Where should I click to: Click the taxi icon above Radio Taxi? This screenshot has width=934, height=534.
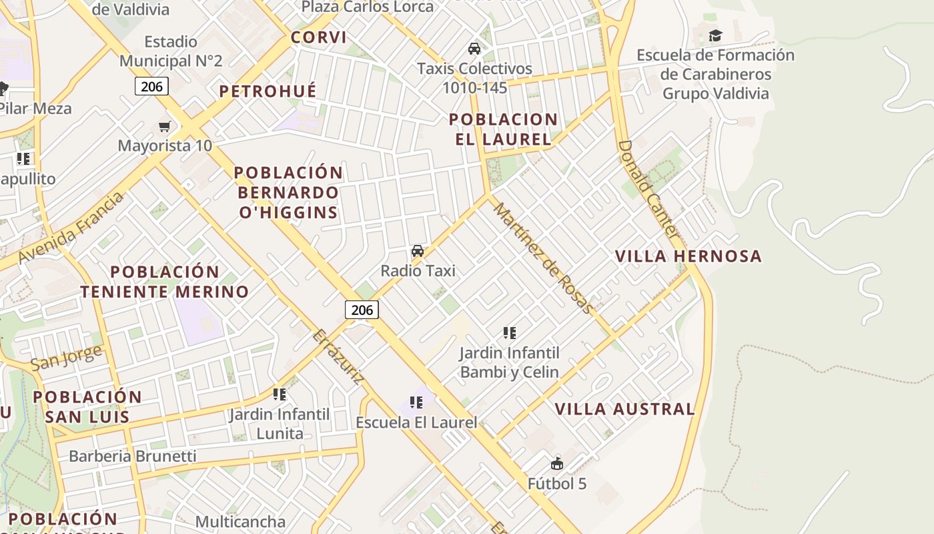pyautogui.click(x=418, y=251)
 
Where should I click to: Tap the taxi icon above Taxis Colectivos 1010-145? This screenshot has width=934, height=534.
pyautogui.click(x=474, y=49)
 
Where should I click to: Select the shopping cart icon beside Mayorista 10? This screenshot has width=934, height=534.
pyautogui.click(x=164, y=126)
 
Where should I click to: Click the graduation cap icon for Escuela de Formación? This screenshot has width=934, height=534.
pyautogui.click(x=715, y=35)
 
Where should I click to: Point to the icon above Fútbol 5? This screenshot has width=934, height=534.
pyautogui.click(x=557, y=463)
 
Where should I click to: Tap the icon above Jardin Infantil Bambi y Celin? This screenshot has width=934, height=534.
pyautogui.click(x=510, y=332)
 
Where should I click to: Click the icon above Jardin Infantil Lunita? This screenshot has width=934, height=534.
pyautogui.click(x=280, y=394)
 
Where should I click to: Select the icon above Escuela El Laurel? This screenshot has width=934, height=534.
pyautogui.click(x=416, y=403)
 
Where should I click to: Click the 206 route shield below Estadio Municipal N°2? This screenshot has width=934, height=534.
pyautogui.click(x=151, y=85)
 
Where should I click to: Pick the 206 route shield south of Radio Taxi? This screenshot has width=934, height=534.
pyautogui.click(x=362, y=310)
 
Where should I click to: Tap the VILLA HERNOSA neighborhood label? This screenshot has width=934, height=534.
pyautogui.click(x=688, y=256)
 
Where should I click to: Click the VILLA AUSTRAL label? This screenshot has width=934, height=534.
pyautogui.click(x=624, y=409)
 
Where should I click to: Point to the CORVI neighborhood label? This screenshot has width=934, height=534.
pyautogui.click(x=319, y=37)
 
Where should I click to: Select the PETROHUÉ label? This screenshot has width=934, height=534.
pyautogui.click(x=268, y=91)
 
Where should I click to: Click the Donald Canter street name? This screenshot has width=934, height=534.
pyautogui.click(x=648, y=190)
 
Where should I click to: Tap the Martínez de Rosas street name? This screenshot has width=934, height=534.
pyautogui.click(x=542, y=258)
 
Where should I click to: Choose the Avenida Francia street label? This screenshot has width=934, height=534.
pyautogui.click(x=71, y=227)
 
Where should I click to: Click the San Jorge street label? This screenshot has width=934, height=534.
pyautogui.click(x=67, y=357)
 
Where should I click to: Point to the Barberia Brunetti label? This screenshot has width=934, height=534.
pyautogui.click(x=133, y=457)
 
